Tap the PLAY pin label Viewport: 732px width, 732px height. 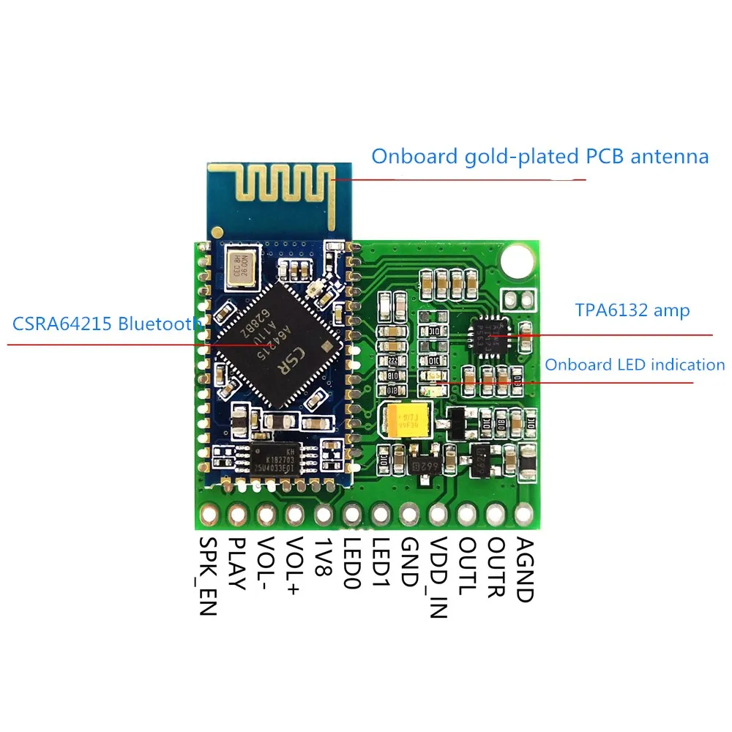[236, 564]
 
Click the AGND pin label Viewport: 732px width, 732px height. [523, 569]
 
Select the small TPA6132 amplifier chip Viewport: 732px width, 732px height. [488, 335]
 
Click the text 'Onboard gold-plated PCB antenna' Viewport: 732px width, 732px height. [540, 157]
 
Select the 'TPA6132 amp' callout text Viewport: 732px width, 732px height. [632, 310]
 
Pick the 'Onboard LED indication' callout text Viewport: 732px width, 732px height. [634, 365]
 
